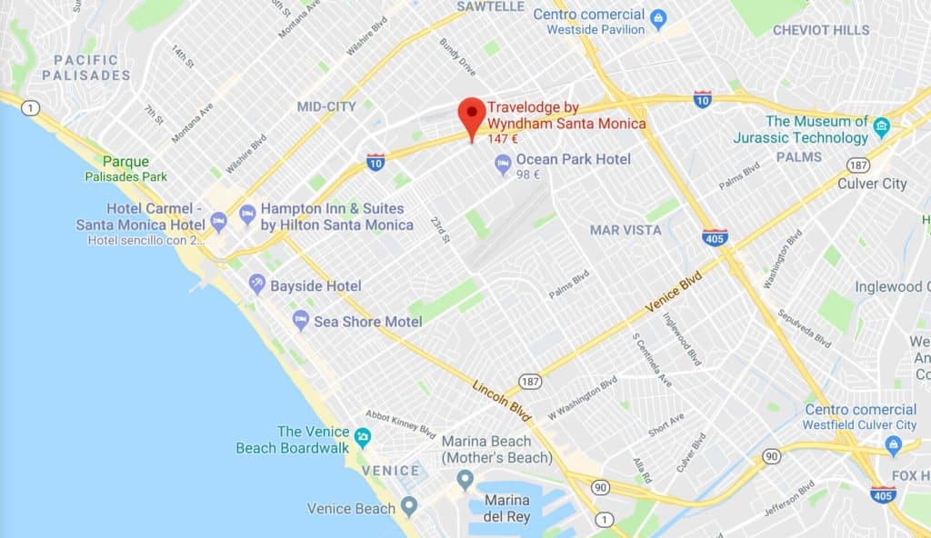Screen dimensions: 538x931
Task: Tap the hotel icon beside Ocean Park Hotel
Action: coord(502,164)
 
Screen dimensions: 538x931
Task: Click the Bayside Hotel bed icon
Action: coord(257,284)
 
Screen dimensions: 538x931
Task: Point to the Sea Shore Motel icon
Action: coord(301,320)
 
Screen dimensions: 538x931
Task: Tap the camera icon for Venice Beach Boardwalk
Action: coord(362,438)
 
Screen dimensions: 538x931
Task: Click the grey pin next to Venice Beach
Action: coord(409,506)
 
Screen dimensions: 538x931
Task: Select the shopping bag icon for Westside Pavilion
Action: coord(659,15)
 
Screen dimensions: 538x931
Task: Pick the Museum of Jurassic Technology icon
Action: coord(880,126)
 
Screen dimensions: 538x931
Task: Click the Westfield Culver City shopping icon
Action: coord(893,443)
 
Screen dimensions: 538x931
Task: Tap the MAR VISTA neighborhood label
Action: coord(626,230)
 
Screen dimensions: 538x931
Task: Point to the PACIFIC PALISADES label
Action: coord(85,67)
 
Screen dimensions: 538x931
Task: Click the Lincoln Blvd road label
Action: coord(502,399)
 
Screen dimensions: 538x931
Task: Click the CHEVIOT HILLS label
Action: coord(820,30)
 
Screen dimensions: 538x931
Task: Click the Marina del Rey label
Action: coord(507,509)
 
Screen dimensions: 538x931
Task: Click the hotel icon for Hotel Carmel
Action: coord(218,221)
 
